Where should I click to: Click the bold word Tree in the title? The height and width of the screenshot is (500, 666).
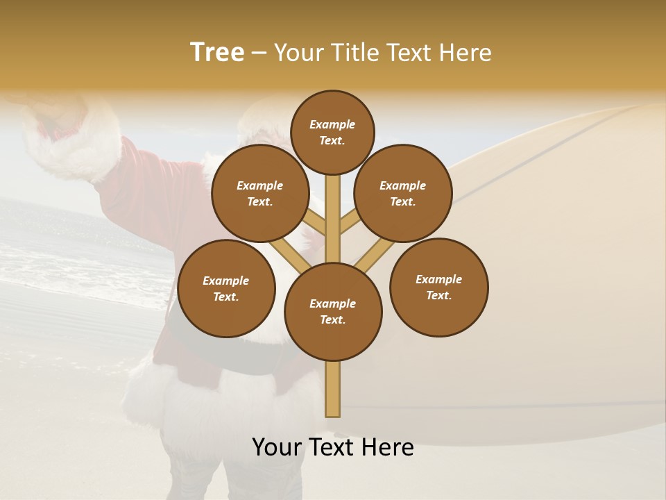coord(217,53)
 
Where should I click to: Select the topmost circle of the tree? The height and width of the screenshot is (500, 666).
coord(332,132)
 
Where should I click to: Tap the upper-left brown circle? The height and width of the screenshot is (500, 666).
coord(260,193)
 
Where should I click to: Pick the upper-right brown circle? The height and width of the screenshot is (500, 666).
coord(403,193)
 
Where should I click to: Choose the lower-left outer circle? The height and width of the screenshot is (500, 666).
coord(226,288)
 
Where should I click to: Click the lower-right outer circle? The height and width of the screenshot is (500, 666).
coord(438,287)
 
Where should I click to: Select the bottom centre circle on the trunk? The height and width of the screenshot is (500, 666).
coord(333,311)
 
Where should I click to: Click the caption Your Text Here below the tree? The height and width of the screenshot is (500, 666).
coord(333,447)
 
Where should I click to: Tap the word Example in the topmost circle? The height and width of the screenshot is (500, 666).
coord(332,124)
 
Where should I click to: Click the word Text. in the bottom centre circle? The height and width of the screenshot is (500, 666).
coord(332,320)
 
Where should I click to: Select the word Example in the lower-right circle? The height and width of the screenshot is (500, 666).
coord(438,279)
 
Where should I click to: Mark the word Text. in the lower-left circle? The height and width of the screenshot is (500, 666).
coord(226,297)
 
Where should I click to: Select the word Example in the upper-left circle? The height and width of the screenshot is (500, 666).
coord(260,185)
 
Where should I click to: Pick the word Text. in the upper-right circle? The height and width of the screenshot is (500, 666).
coord(403,202)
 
